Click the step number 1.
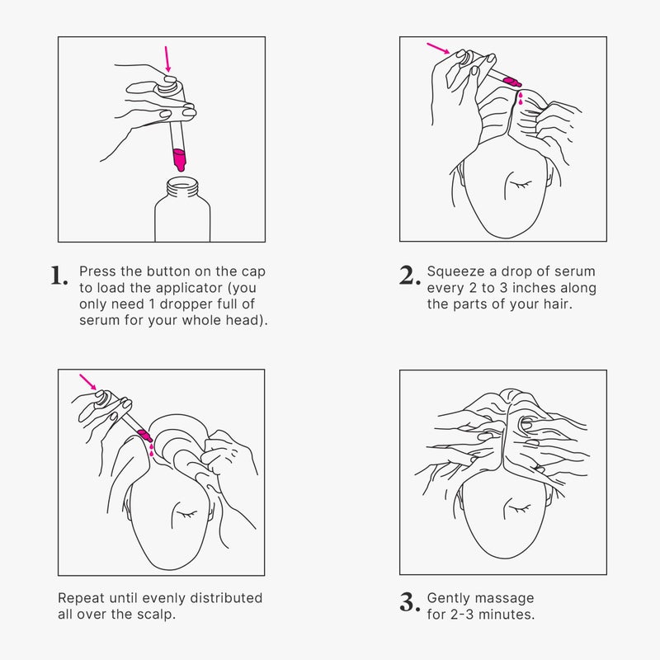[x=59, y=276]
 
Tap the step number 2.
[x=409, y=276]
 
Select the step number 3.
[x=409, y=602]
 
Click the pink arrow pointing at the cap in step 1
[x=167, y=59]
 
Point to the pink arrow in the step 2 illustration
[x=439, y=48]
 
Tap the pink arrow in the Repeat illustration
[x=88, y=381]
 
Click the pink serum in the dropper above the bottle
[x=180, y=159]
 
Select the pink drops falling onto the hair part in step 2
[x=521, y=98]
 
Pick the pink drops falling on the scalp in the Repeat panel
[x=152, y=450]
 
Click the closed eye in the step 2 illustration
[x=521, y=184]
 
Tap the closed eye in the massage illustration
[x=520, y=509]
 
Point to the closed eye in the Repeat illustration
[x=186, y=514]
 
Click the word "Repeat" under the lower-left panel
[x=81, y=599]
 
